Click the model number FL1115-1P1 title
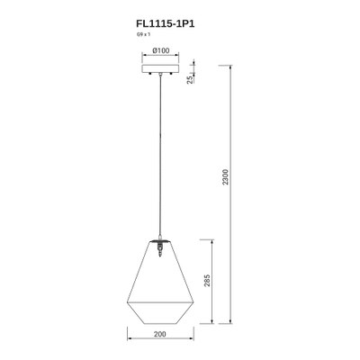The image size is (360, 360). pos(166,23)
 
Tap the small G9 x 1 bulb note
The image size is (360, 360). pos(143,34)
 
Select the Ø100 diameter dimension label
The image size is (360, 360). pos(161,50)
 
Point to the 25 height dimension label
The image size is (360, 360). pos(190,79)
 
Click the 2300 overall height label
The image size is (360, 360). pos(225,177)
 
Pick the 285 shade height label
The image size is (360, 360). pos(207,281)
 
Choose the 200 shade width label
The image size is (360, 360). pos(160,334)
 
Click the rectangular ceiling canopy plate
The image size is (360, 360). pos(160,68)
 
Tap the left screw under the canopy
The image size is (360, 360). pos(150,74)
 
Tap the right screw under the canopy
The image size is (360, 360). pos(171,74)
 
